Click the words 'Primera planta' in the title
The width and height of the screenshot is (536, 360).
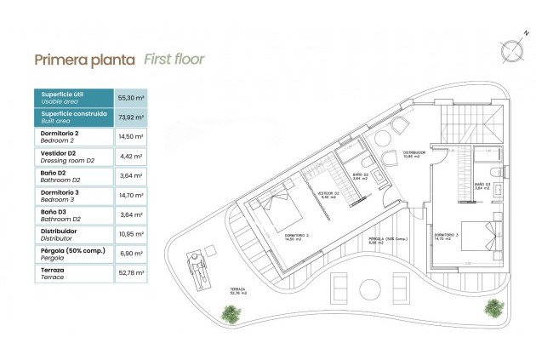click(83, 60)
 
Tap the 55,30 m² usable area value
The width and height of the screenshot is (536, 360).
click(129, 99)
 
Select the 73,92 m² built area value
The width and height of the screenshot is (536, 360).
click(129, 117)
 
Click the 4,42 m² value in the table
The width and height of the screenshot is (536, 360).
click(129, 157)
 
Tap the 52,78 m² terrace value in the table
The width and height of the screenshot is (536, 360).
click(129, 274)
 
